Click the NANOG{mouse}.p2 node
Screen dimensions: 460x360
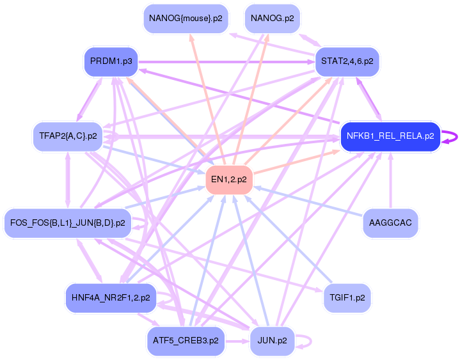coord(186,19)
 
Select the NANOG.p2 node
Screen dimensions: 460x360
coord(273,19)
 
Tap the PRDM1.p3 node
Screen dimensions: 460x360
coord(111,62)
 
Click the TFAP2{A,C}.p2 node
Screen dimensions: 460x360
coord(68,136)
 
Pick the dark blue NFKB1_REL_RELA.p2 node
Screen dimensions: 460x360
coord(390,136)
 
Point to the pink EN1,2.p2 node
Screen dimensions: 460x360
coord(229,180)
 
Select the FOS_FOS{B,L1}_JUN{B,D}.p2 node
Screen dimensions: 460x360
coord(67,223)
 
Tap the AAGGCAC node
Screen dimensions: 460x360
coord(390,223)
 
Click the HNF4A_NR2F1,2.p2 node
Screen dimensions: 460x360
coord(111,297)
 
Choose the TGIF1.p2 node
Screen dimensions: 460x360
coord(347,297)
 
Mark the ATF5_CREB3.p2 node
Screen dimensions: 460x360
coord(186,341)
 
